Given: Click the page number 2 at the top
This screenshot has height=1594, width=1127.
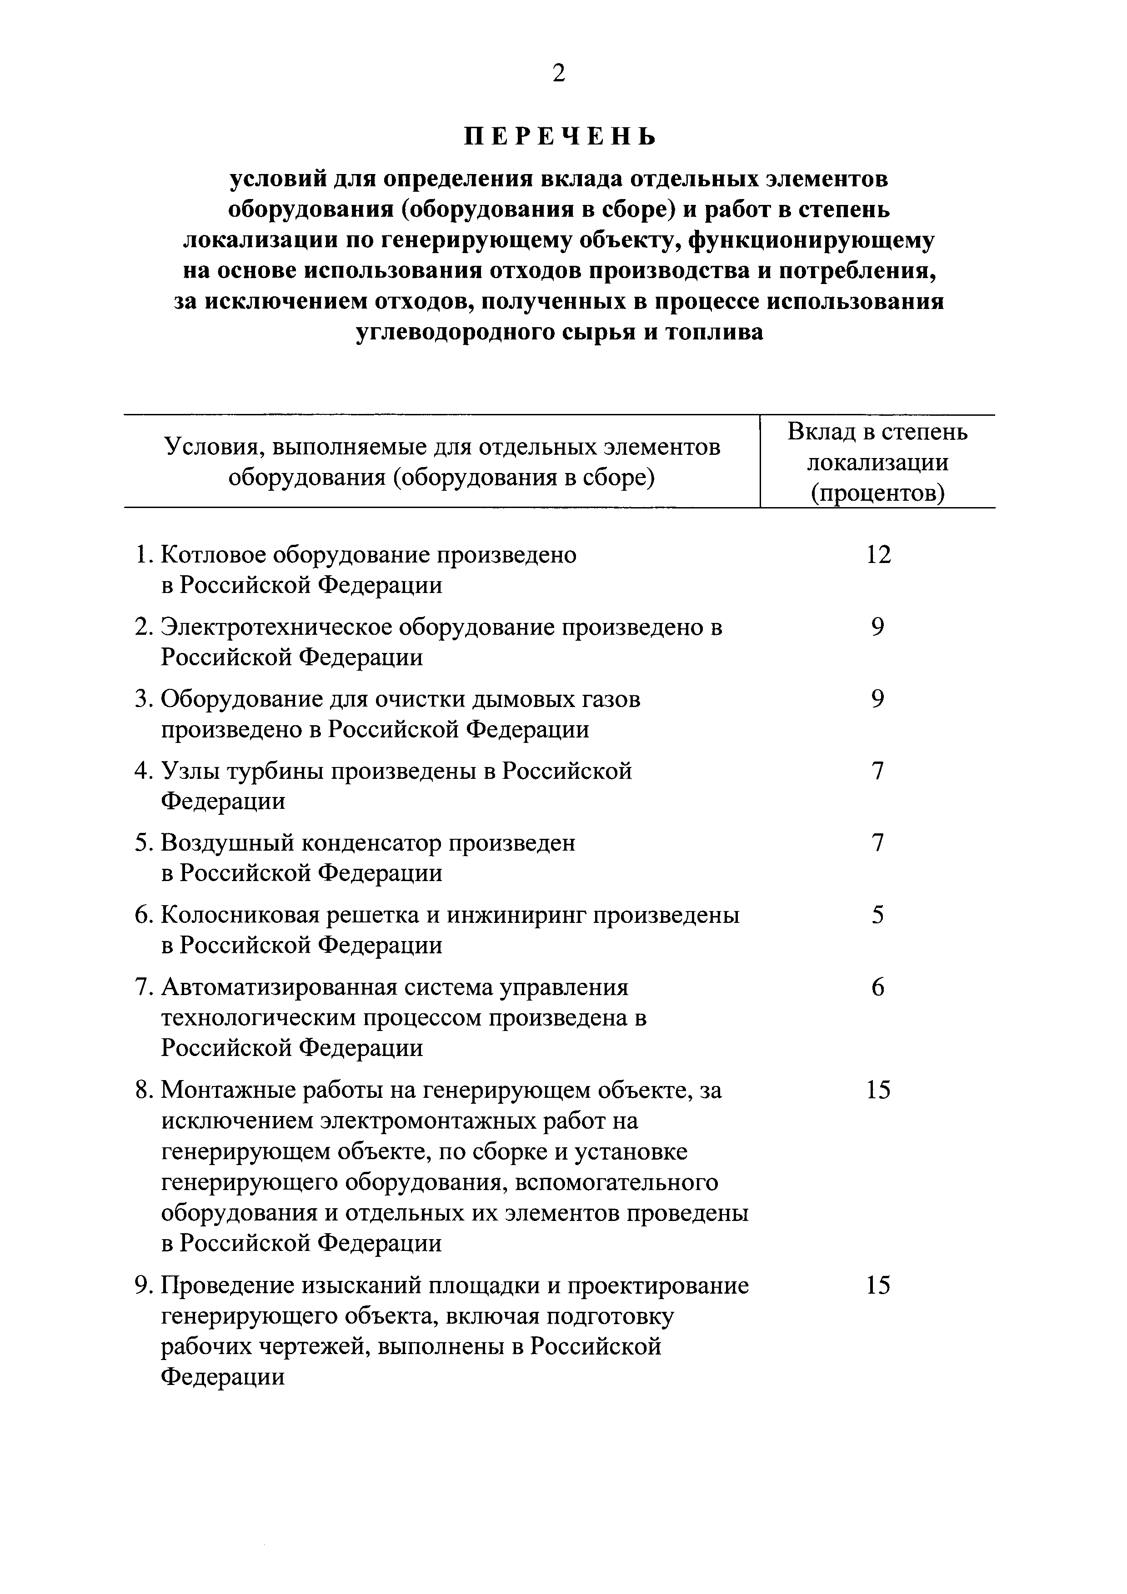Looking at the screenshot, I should point(559,72).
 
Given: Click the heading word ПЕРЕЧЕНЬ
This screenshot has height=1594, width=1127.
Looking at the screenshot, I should point(560,137).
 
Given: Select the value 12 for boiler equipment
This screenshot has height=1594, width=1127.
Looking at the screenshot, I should point(878,555).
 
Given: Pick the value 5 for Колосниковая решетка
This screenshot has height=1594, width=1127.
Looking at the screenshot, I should point(878,915).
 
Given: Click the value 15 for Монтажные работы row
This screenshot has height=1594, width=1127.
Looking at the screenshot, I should point(878,1090).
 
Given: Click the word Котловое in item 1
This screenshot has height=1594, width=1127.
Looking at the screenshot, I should point(212,555).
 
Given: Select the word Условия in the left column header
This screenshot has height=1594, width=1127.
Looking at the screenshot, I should point(208,447).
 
